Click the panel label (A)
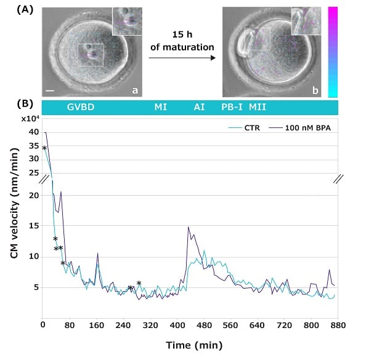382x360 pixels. tap(26, 9)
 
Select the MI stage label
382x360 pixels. tap(161, 107)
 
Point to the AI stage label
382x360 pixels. tap(199, 107)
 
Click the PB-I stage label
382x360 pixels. tap(232, 107)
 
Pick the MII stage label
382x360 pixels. tap(258, 107)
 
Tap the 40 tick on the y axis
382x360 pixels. tap(34, 132)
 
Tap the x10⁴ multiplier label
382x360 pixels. tap(31, 118)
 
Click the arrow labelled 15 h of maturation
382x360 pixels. tap(182, 58)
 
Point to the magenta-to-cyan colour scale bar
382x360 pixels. tap(333, 51)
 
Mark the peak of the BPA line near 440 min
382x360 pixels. tap(189, 227)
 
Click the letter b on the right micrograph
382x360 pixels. tap(315, 90)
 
